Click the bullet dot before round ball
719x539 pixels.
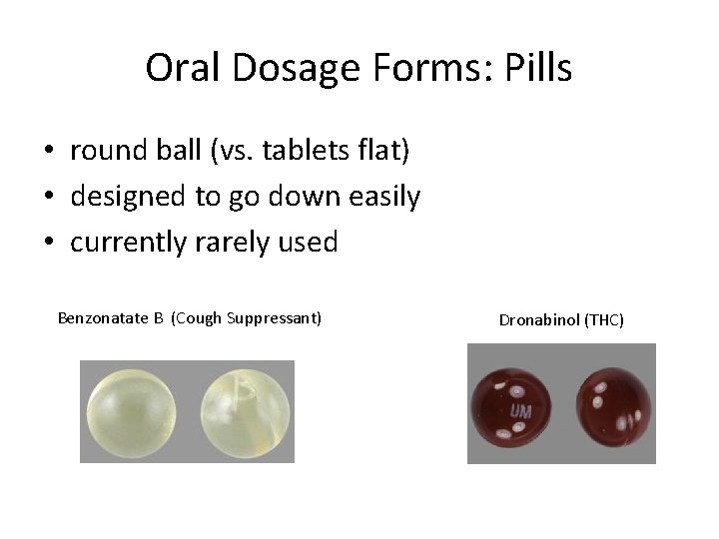(x=48, y=152)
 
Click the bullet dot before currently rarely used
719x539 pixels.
(x=48, y=243)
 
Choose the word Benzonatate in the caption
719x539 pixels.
(x=104, y=318)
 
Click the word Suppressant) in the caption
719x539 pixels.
(x=275, y=318)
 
